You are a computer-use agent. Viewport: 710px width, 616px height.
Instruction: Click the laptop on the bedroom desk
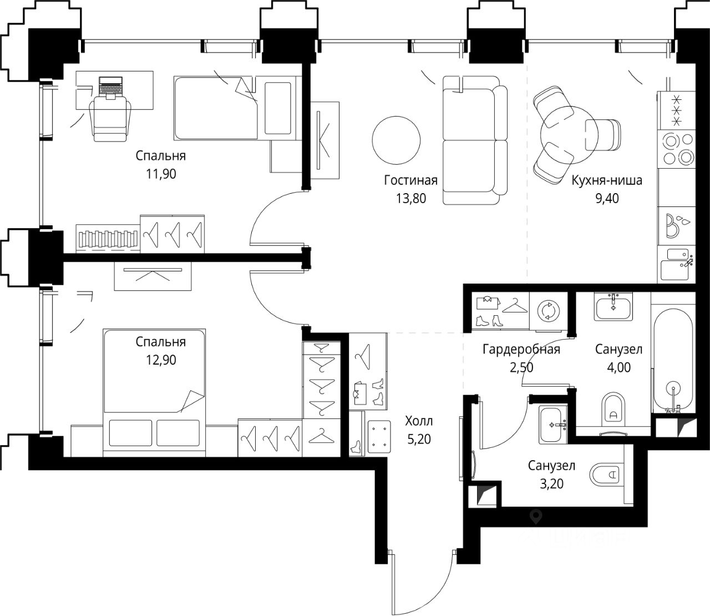[110, 87]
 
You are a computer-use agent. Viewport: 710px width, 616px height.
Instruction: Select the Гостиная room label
[411, 180]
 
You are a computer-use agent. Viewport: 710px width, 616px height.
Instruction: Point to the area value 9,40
[607, 198]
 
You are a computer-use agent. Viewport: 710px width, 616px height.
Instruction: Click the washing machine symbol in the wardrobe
[548, 311]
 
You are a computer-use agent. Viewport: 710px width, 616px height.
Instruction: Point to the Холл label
[419, 421]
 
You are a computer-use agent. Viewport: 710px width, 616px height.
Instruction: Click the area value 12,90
[161, 360]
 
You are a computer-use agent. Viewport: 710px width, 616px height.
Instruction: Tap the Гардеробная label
[521, 349]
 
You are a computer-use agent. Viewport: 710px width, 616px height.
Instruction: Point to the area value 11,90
[161, 174]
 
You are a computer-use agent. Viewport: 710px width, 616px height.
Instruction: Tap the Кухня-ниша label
[607, 180]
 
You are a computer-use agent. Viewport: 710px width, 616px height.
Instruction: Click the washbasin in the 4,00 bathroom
[613, 307]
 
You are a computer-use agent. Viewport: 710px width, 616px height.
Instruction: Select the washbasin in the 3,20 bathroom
[552, 425]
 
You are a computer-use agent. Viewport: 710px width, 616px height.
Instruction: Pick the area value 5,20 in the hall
[419, 440]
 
